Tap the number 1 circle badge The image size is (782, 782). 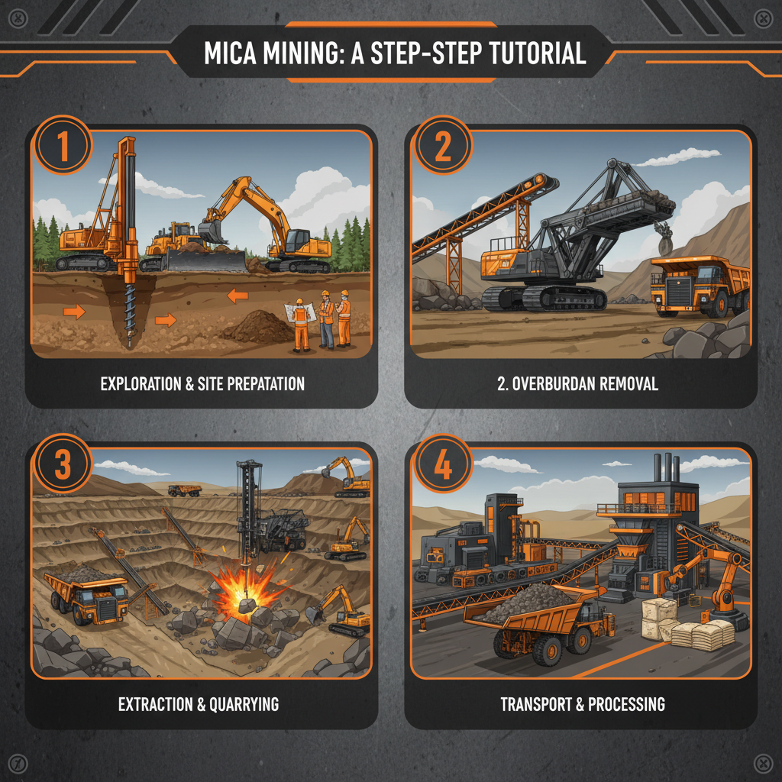[63, 147]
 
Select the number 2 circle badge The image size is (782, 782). [442, 147]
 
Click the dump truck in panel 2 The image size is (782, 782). [699, 286]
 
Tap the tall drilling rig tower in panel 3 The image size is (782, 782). [247, 504]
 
